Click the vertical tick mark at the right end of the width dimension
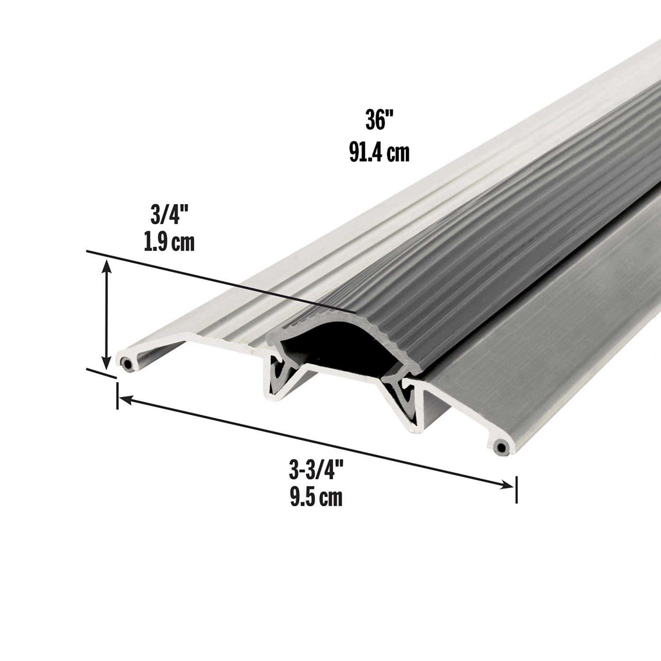pyautogui.click(x=516, y=489)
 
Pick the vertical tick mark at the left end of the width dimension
pyautogui.click(x=117, y=396)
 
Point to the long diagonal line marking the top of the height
pyautogui.click(x=220, y=282)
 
